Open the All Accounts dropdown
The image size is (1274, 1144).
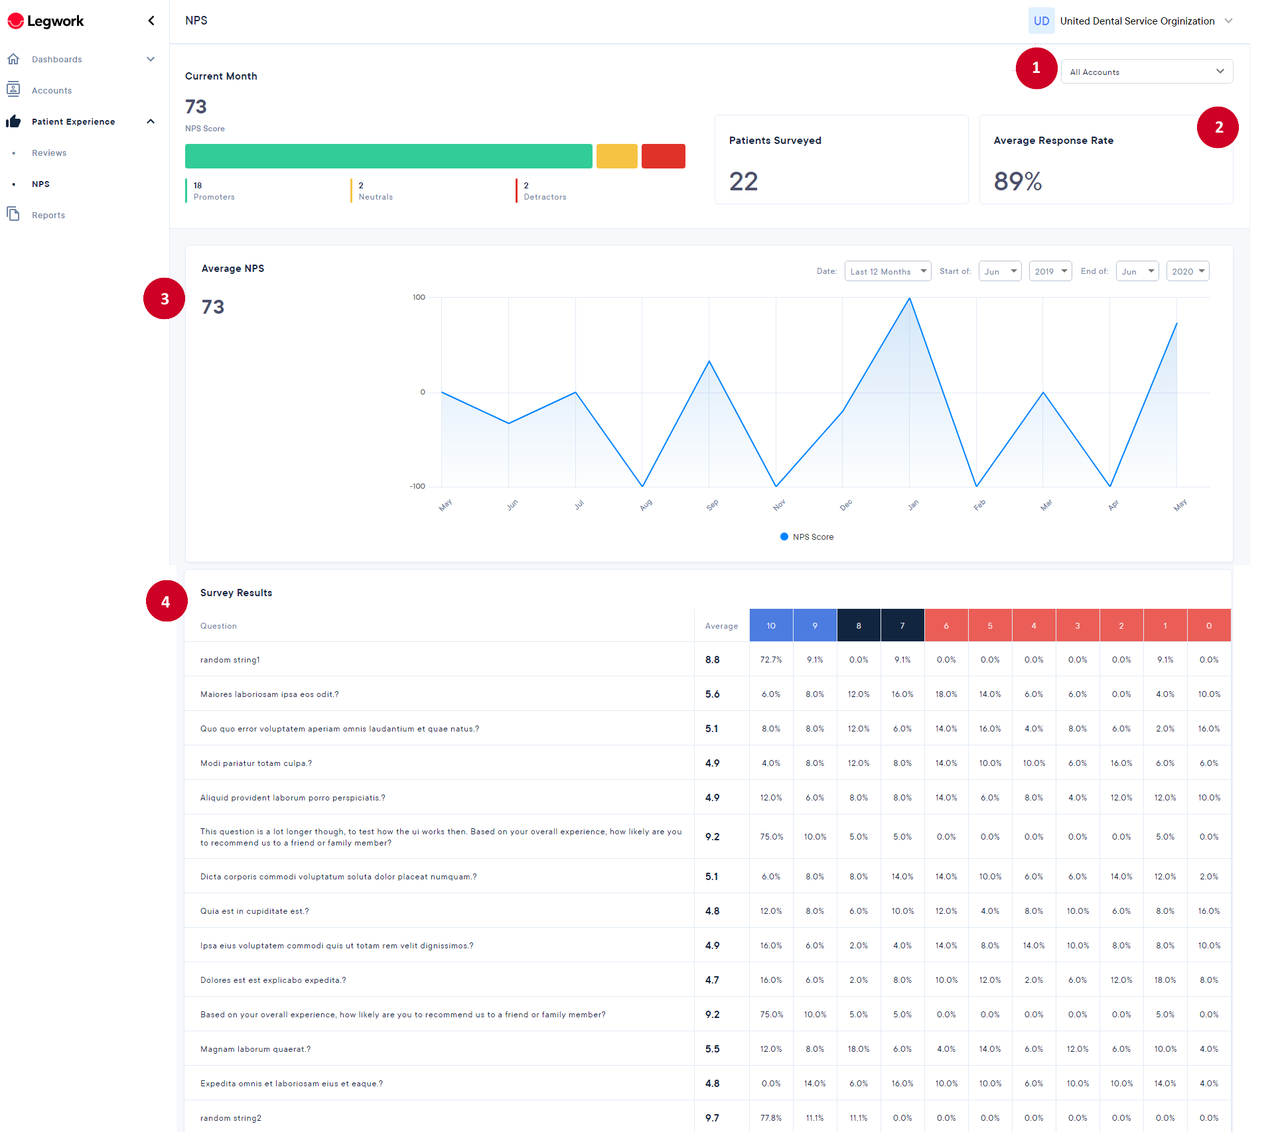click(x=1147, y=72)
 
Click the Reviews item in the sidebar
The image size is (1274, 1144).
click(x=49, y=153)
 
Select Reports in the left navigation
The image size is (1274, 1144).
click(x=48, y=216)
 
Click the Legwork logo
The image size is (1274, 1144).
click(x=45, y=21)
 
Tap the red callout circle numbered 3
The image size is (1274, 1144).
click(x=164, y=298)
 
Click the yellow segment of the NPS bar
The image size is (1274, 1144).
click(x=616, y=157)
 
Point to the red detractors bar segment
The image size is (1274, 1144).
click(x=663, y=157)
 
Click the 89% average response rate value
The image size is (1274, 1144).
click(x=1018, y=181)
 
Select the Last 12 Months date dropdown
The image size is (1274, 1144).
click(x=888, y=271)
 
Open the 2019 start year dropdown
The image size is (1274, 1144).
click(x=1050, y=271)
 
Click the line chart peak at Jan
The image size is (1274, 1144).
click(x=909, y=298)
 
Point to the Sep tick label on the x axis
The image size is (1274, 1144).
click(x=712, y=505)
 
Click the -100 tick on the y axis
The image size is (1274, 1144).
click(x=417, y=487)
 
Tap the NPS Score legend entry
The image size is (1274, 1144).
click(x=807, y=537)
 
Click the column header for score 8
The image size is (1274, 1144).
click(x=859, y=625)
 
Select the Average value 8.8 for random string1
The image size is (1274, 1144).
click(x=712, y=660)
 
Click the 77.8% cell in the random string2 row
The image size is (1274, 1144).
click(x=771, y=1118)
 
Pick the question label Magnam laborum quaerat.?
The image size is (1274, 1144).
click(x=255, y=1049)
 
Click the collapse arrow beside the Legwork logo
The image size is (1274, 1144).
click(x=151, y=21)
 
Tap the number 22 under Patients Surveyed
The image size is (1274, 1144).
click(x=743, y=181)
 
